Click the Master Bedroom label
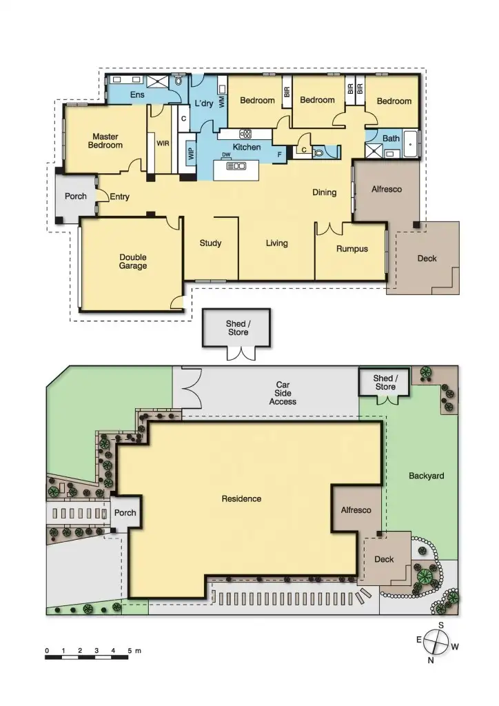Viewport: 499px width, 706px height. coord(105,141)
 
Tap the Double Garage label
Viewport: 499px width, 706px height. coord(132,261)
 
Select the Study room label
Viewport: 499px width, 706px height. coord(210,243)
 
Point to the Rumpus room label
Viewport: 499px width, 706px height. coord(352,249)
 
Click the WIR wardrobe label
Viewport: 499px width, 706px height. coord(163,144)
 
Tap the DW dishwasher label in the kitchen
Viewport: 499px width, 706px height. coord(225,155)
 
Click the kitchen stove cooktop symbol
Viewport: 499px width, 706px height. coord(245,134)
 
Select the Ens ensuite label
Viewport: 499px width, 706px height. coord(137,94)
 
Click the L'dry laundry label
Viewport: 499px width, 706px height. coord(203,103)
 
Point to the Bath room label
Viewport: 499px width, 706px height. coord(391,139)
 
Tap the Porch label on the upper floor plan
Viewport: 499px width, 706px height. coord(76,196)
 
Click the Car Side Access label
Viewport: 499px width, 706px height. coord(283,393)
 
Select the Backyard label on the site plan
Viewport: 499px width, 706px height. coord(426,476)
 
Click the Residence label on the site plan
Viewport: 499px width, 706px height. coord(241,498)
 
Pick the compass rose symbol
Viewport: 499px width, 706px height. coord(436,643)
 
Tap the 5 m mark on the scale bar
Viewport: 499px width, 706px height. coord(130,651)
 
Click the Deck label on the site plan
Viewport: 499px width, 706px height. coord(384,559)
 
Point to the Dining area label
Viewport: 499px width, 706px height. coord(324,192)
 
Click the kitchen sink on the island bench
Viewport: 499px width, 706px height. coord(236,166)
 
